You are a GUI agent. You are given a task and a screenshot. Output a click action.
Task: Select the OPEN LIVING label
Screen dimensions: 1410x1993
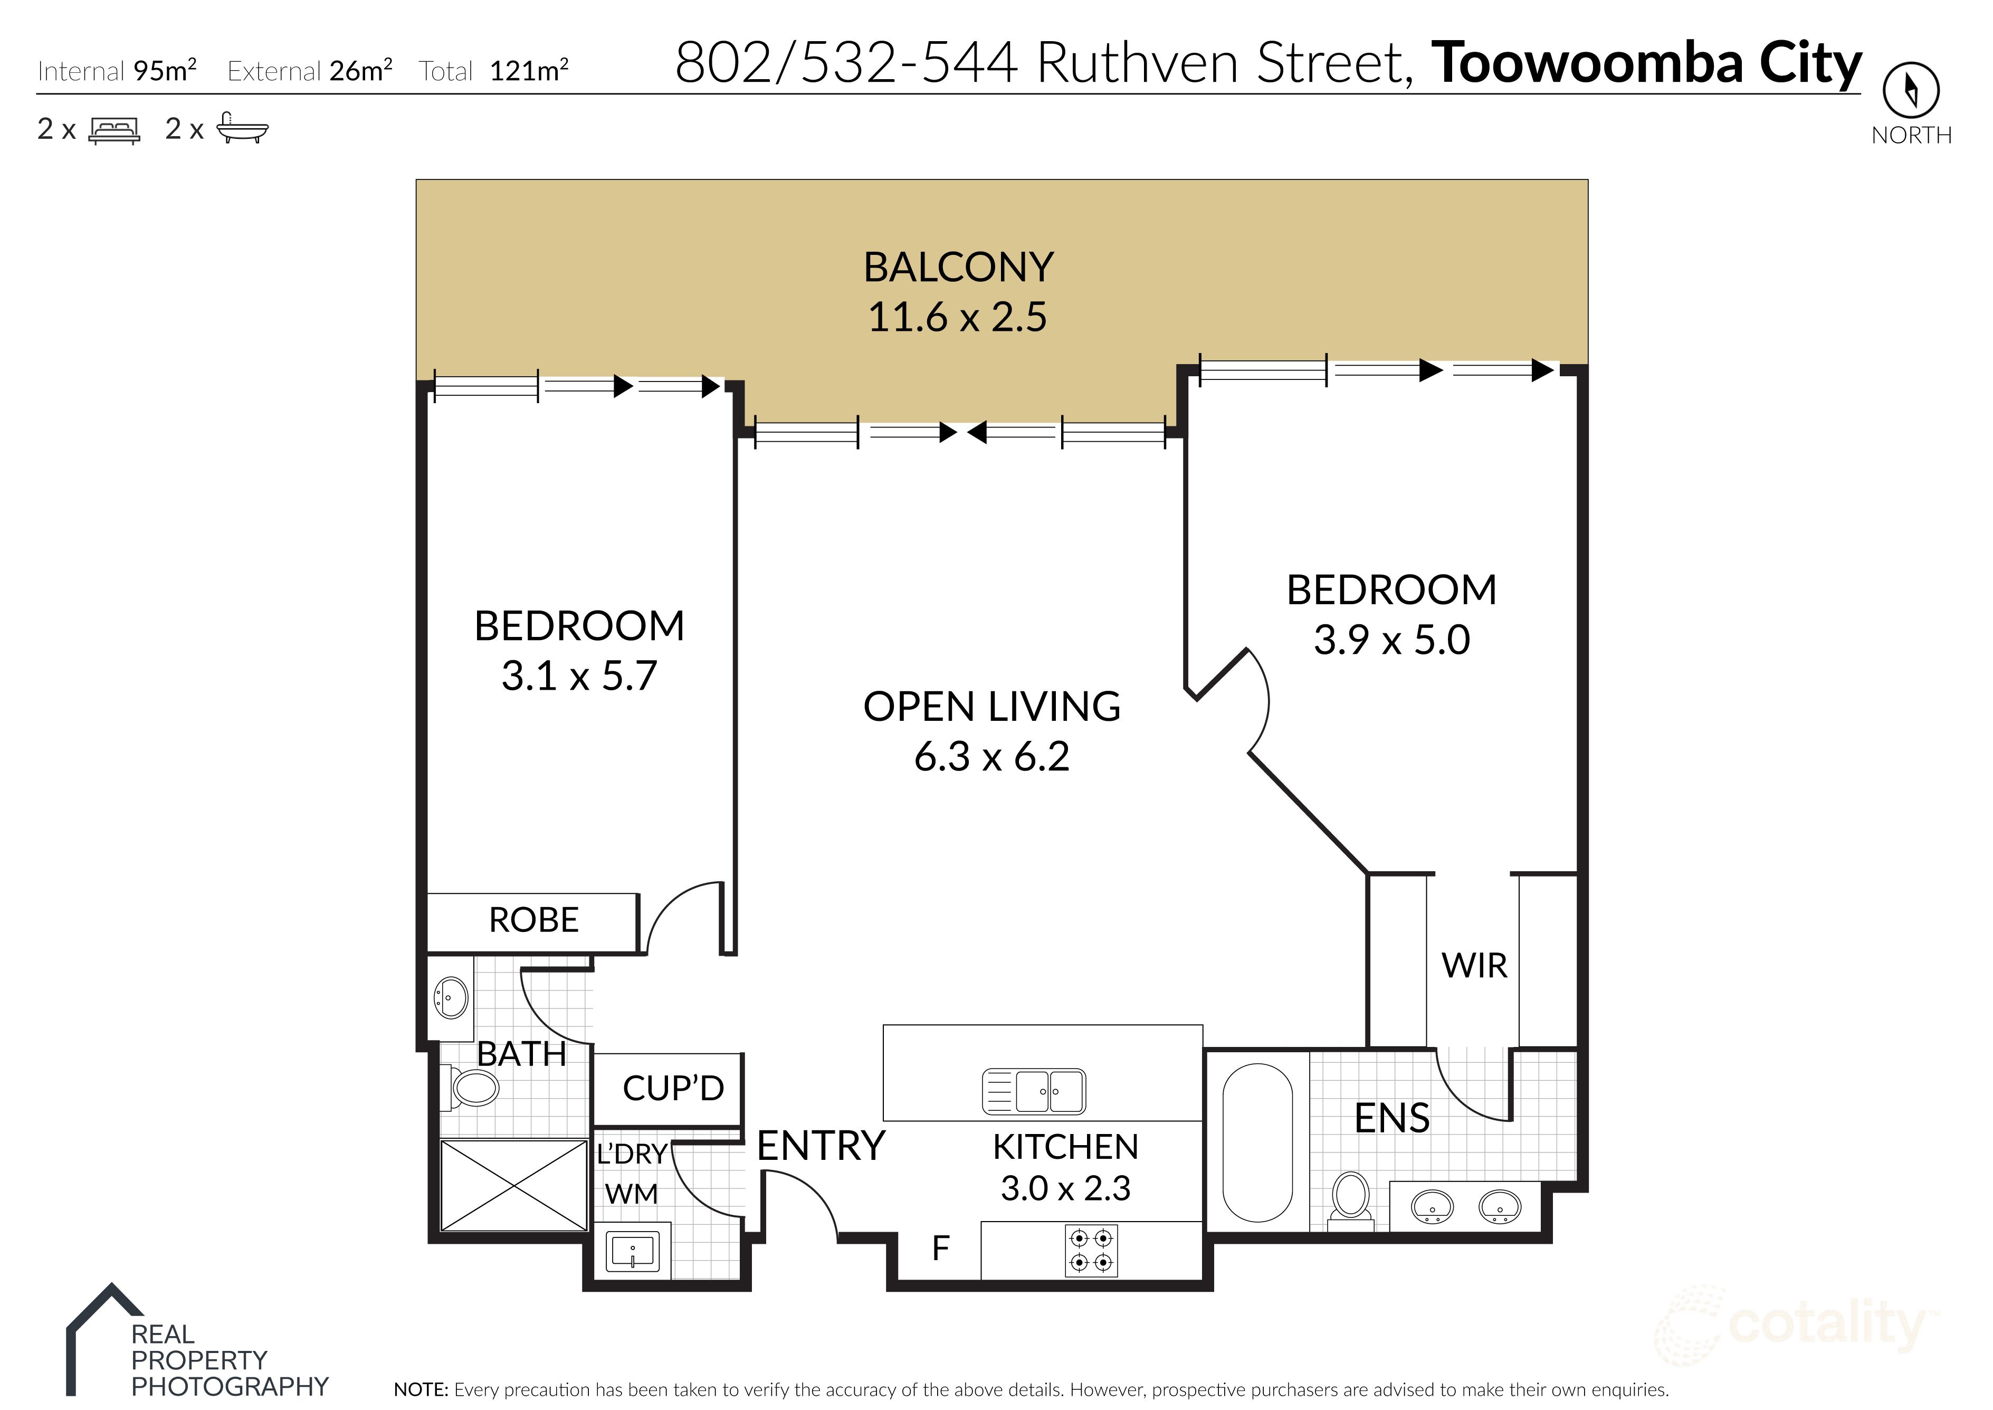click(991, 707)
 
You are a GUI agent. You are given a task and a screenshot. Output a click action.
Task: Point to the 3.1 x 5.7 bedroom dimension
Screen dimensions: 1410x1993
click(579, 677)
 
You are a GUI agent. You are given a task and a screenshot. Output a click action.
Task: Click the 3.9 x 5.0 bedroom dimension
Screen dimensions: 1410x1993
click(1391, 641)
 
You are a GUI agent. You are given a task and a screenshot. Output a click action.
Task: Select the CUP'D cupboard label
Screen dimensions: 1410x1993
click(673, 1088)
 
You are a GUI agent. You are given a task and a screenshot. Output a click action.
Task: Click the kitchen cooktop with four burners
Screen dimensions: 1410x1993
click(1091, 1250)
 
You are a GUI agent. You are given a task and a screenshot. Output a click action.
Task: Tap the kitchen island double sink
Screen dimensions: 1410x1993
click(1034, 1091)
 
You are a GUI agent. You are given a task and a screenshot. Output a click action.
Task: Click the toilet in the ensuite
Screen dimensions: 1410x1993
click(1351, 1198)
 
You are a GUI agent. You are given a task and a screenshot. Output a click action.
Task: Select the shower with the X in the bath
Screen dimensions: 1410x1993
click(514, 1185)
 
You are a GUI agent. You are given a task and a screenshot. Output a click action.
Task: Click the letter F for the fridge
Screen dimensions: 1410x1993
click(940, 1249)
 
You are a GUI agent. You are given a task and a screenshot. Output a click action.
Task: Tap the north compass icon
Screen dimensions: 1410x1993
click(1911, 89)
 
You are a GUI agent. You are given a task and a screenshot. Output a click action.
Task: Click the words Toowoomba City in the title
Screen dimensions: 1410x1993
click(1646, 63)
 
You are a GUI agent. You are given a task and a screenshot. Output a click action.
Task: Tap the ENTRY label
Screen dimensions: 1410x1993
click(821, 1146)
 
